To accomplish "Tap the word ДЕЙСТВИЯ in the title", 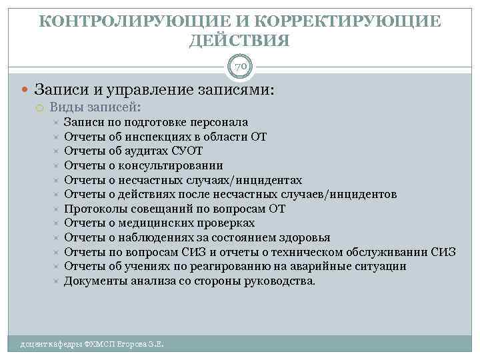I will coord(240,41).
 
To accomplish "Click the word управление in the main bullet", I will coord(142,89).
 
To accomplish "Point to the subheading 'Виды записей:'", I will coord(95,107).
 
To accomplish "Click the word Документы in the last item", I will coord(93,281).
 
